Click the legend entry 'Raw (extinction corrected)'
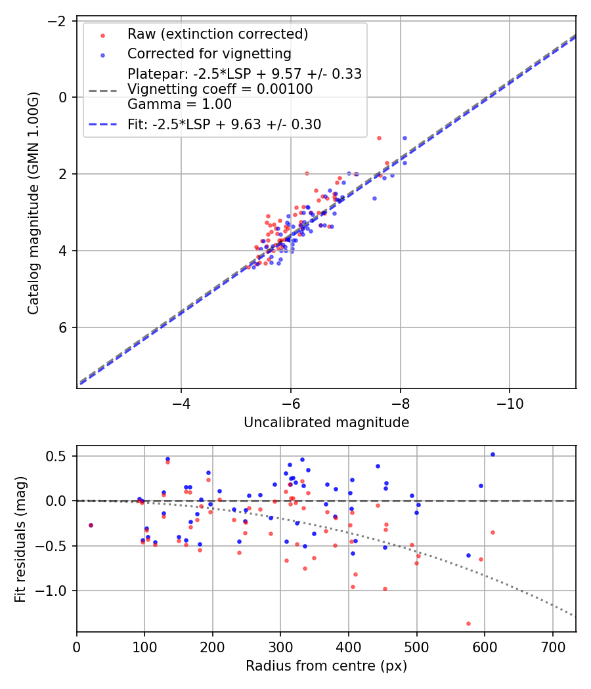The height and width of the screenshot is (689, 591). tap(217, 34)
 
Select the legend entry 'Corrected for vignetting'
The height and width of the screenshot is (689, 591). tap(209, 53)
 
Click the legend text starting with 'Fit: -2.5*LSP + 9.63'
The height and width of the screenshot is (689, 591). tap(224, 125)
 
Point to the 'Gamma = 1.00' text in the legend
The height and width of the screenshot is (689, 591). tap(179, 104)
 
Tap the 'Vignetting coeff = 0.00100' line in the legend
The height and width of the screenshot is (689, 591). tap(220, 89)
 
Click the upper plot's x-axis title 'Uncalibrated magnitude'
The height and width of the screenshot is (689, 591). tap(326, 423)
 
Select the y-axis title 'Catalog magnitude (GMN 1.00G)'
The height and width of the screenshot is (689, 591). tap(33, 203)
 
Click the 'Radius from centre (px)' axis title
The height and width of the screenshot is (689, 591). tap(326, 666)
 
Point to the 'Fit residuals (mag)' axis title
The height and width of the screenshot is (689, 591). tap(20, 539)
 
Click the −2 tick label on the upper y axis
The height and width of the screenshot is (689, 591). tap(60, 21)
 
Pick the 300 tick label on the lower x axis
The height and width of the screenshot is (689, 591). tap(280, 646)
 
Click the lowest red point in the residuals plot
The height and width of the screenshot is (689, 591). tap(468, 623)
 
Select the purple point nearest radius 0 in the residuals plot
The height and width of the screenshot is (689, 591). tap(91, 525)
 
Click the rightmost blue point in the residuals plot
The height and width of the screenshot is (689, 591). tap(492, 454)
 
